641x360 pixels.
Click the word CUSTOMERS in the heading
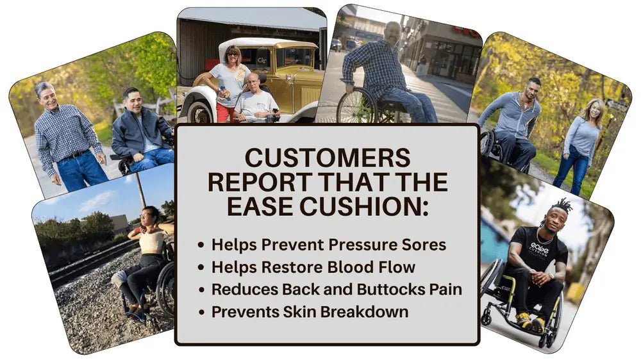tap(328, 158)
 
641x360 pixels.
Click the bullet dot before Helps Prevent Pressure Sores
tap(200, 245)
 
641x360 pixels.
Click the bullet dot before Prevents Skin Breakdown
tap(200, 313)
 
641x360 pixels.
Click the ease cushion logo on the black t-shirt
tap(539, 248)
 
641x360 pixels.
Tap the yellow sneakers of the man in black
tap(529, 321)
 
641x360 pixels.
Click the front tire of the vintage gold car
tap(200, 112)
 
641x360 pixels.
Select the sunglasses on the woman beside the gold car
tap(233, 54)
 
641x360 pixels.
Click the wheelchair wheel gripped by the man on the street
tap(356, 106)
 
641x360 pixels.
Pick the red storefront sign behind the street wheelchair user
tap(465, 32)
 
